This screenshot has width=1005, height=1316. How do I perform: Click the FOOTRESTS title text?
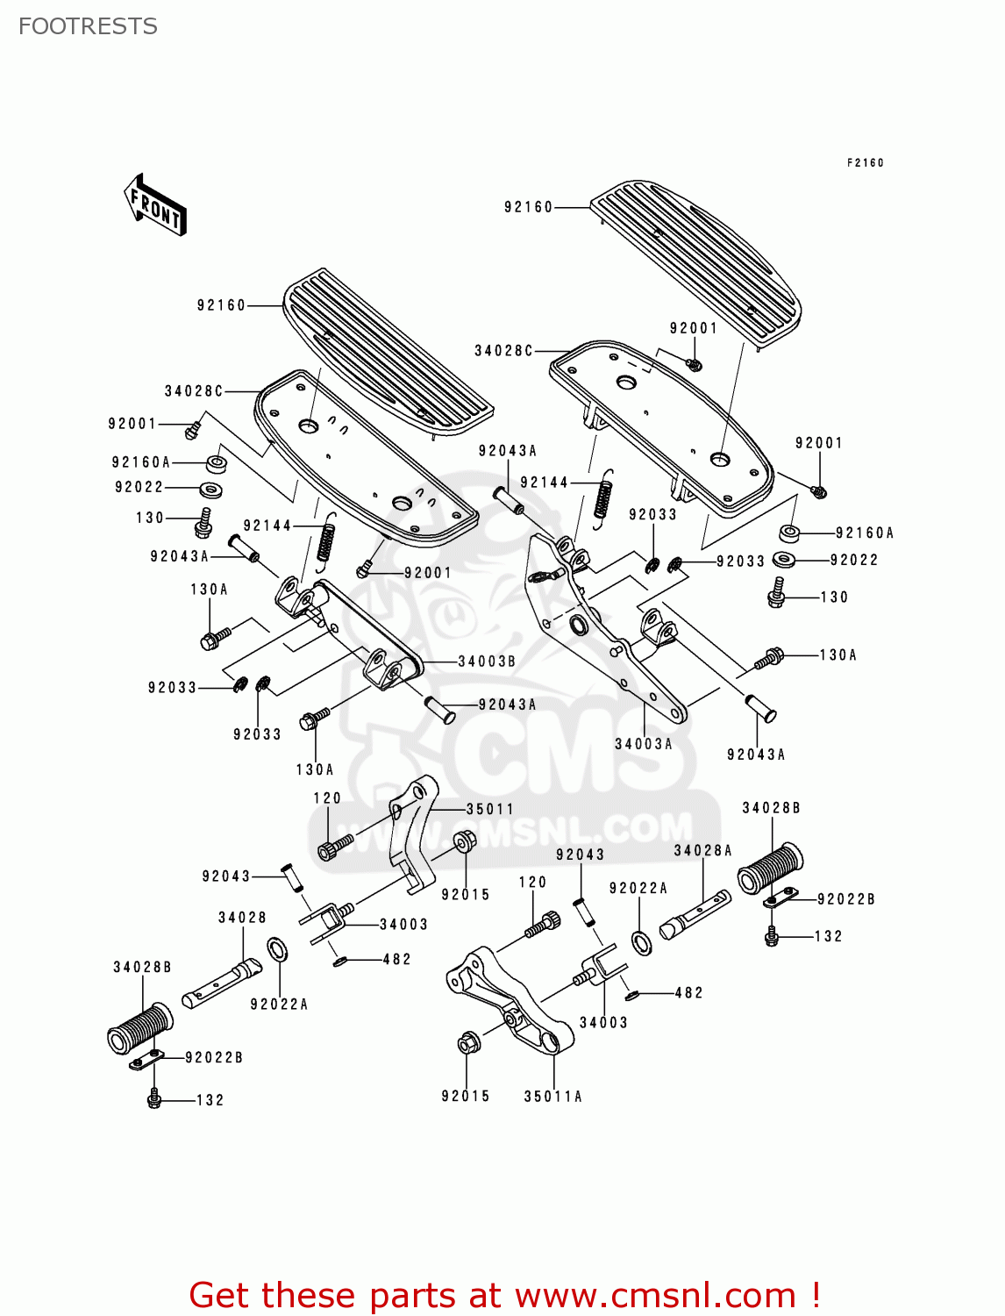coord(88,26)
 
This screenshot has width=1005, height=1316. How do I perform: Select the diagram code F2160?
coord(865,163)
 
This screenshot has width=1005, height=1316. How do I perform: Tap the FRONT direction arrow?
coord(155,205)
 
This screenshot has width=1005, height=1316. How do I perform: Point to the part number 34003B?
coord(487,662)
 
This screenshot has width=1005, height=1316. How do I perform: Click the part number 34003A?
coord(644,744)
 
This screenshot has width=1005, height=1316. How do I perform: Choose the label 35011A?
coord(552,1097)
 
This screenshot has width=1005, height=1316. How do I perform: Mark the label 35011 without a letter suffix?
coord(489,809)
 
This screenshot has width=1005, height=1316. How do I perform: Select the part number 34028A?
coord(702,850)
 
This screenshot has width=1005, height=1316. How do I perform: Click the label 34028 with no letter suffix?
coord(242,918)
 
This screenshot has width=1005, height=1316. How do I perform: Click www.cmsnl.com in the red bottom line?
coord(655,1295)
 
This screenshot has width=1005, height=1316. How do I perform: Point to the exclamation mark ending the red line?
coord(815,1295)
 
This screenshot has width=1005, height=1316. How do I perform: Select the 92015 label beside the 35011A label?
coord(465,1097)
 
